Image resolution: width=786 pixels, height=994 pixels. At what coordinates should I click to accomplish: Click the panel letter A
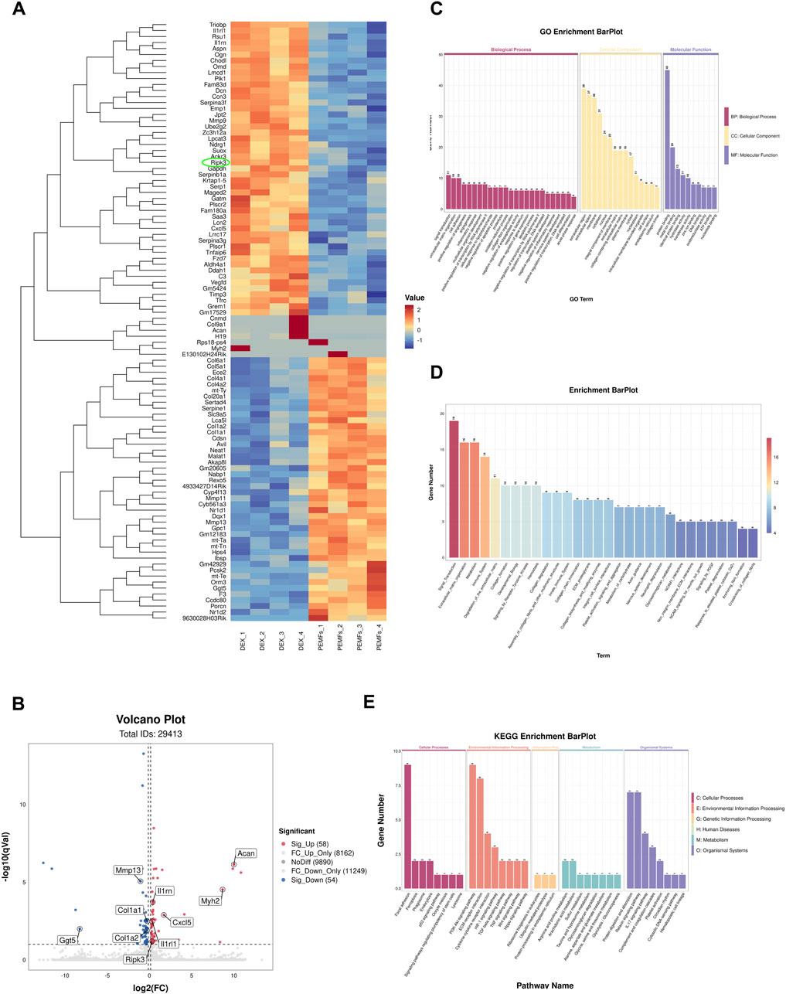coord(16,9)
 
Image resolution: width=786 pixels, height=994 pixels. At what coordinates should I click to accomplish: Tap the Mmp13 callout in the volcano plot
coord(129,870)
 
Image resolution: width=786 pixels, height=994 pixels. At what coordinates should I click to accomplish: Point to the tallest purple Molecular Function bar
coord(667,139)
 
